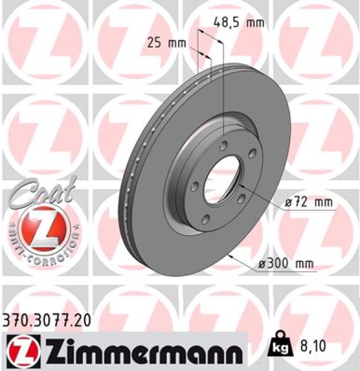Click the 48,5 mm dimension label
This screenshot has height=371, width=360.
238,23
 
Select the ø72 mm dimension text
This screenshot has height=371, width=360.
304,202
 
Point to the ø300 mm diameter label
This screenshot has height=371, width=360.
286,264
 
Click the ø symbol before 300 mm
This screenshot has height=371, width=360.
263,264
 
